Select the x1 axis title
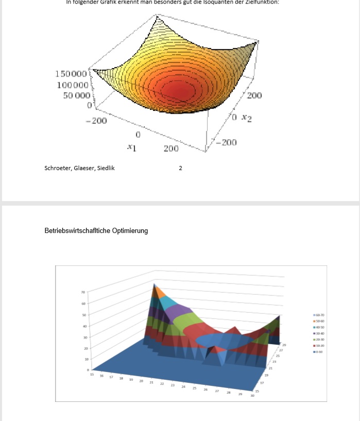click(x=132, y=147)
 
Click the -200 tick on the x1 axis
click(x=96, y=121)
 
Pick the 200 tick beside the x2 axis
click(x=254, y=96)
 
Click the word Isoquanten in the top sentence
click(x=220, y=3)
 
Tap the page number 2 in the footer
click(x=180, y=167)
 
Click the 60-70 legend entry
click(x=319, y=314)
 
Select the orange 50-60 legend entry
click(x=319, y=321)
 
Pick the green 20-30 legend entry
click(x=319, y=340)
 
